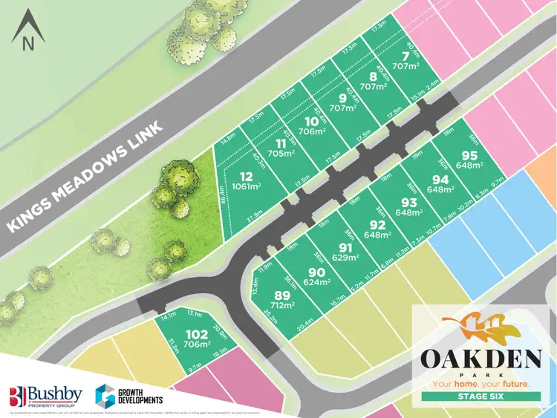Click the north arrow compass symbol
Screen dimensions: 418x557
click(28, 31)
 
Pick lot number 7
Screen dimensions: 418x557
click(405, 56)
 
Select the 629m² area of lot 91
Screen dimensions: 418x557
click(345, 258)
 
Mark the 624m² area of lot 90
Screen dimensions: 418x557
click(316, 281)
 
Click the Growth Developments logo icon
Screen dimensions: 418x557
click(105, 395)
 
